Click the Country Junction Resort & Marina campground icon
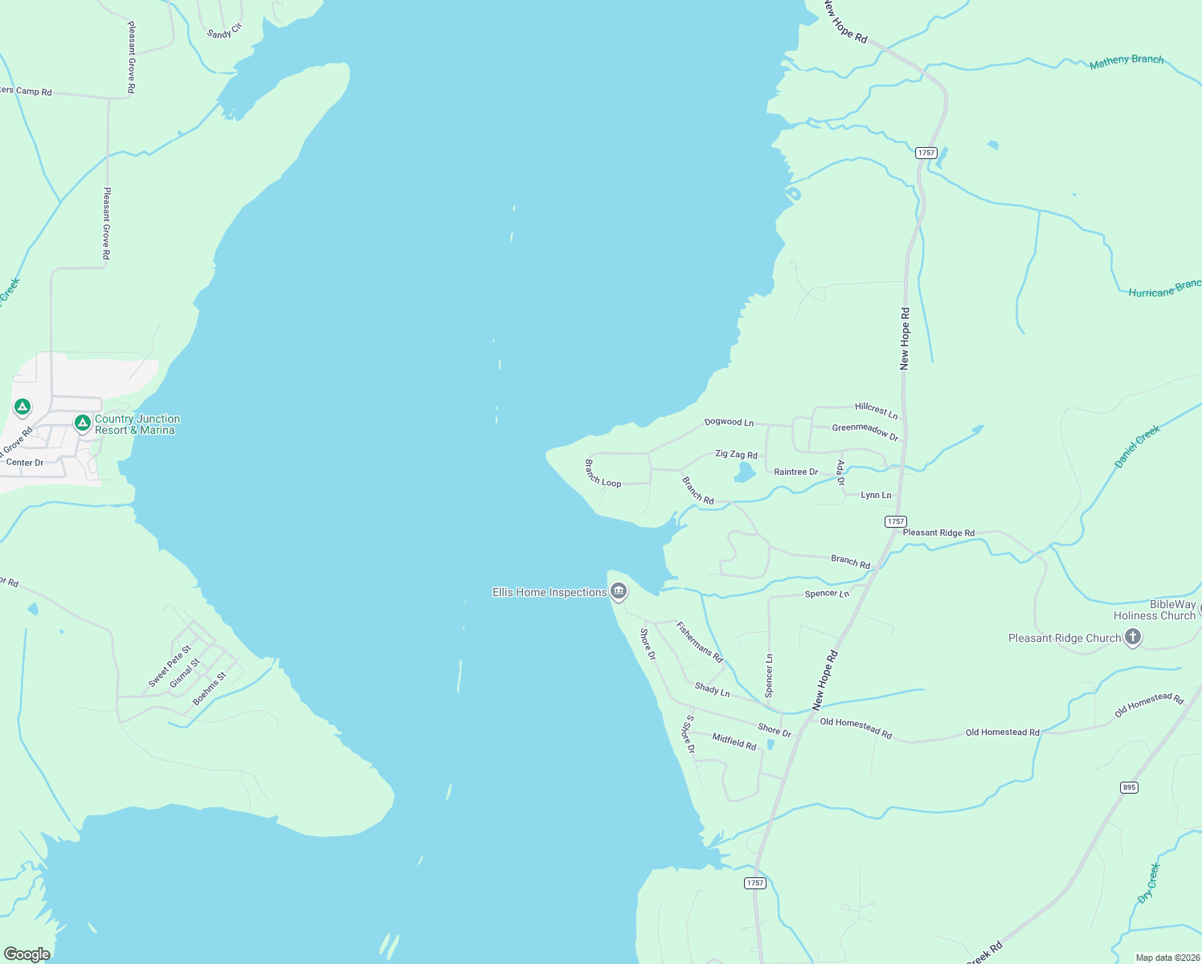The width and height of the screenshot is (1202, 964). click(x=82, y=423)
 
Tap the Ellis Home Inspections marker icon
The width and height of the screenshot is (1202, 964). click(x=619, y=592)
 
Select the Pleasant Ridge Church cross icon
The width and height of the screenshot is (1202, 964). click(x=1132, y=638)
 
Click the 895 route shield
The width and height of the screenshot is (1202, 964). click(x=1129, y=787)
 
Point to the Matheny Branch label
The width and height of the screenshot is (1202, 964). click(x=1126, y=61)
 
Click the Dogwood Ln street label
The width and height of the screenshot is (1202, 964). click(x=729, y=422)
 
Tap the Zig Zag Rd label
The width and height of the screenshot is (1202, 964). click(x=736, y=455)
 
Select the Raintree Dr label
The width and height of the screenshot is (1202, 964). click(x=795, y=472)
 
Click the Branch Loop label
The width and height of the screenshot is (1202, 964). click(x=603, y=474)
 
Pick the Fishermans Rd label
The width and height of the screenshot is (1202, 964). click(x=699, y=642)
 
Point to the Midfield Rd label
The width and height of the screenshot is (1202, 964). click(x=734, y=741)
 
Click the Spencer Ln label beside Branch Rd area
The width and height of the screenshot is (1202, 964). click(x=827, y=594)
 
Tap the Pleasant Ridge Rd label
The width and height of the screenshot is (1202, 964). click(x=938, y=533)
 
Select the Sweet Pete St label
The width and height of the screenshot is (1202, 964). click(x=170, y=666)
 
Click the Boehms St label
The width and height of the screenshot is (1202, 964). click(x=210, y=689)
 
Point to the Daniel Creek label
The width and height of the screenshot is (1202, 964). click(x=1137, y=447)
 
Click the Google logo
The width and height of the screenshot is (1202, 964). click(x=27, y=954)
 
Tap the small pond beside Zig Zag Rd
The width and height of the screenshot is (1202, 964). click(x=745, y=472)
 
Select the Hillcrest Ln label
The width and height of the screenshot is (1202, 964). click(x=876, y=411)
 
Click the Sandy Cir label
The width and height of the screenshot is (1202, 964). click(x=224, y=31)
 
